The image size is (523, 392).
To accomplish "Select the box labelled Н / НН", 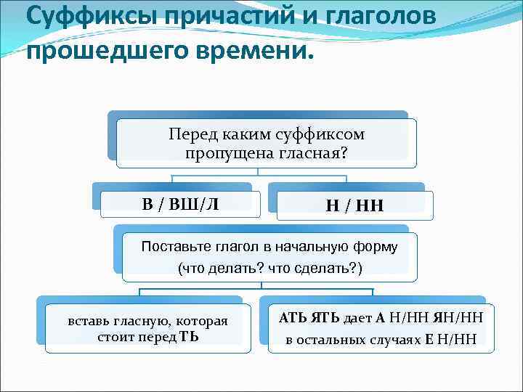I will coord(354,207).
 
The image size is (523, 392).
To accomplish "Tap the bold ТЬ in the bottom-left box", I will coord(190,337).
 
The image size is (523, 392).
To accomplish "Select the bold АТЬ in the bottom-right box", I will coord(293,317).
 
